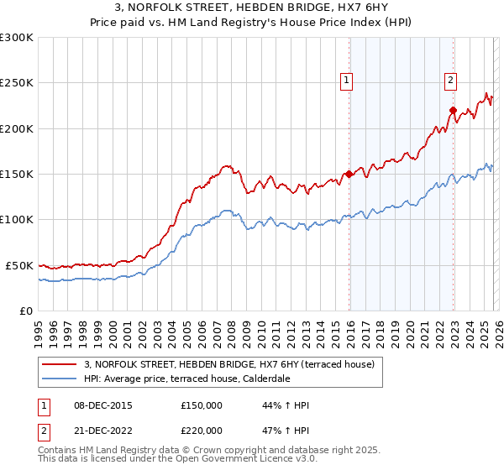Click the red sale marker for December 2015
tap(349, 175)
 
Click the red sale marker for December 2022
tap(453, 110)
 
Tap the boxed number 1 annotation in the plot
tap(346, 81)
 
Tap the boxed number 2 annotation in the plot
tap(450, 81)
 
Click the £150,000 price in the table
tap(202, 405)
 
